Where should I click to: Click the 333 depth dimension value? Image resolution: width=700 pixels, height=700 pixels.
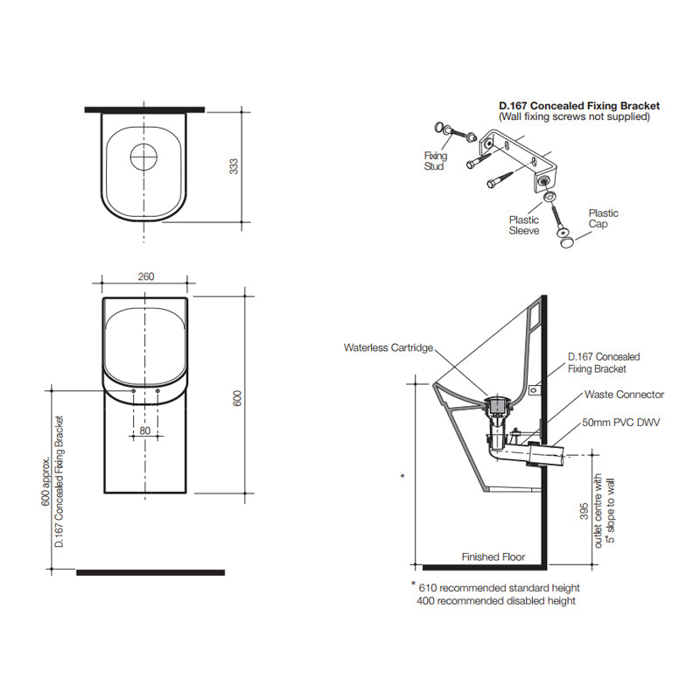tap(234, 165)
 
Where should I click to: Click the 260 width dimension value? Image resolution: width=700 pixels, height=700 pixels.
tap(146, 276)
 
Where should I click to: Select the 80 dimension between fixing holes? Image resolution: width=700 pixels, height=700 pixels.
tap(144, 430)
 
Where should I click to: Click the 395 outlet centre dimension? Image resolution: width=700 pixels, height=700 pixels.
tap(584, 512)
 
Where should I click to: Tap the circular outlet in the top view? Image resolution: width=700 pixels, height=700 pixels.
tap(144, 157)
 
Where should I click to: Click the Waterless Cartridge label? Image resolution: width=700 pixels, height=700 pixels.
tap(388, 347)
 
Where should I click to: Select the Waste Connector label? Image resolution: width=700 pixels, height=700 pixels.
tap(624, 395)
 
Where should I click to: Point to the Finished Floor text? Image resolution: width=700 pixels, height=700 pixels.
tap(493, 556)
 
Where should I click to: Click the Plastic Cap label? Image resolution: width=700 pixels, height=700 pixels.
tap(603, 219)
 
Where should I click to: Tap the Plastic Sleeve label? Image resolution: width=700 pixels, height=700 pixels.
tap(524, 226)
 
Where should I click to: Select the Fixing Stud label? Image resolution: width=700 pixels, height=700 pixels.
tap(435, 161)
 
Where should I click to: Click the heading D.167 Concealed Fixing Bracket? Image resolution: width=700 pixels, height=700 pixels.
tap(578, 106)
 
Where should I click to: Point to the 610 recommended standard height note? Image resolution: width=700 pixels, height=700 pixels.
tap(497, 588)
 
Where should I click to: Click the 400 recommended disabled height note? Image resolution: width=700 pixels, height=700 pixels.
tap(496, 601)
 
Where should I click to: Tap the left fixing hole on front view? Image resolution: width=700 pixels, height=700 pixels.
tap(132, 390)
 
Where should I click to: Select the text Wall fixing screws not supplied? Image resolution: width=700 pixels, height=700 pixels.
tap(574, 116)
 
